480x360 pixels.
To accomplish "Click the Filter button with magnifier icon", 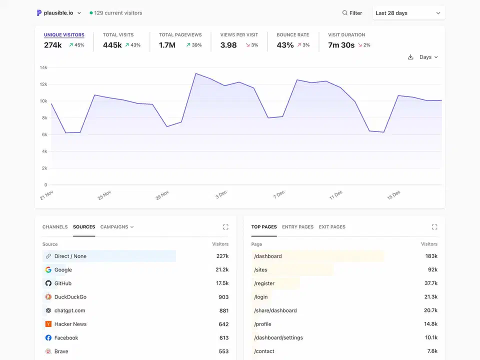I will click(x=352, y=13).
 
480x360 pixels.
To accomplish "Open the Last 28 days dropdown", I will click(x=408, y=13).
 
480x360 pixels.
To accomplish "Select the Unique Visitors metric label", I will click(x=64, y=35).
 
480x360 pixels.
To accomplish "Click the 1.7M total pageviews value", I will click(x=167, y=45).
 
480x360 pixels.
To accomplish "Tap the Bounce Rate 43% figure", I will click(x=285, y=45).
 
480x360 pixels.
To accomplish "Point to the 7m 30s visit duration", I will click(x=341, y=45).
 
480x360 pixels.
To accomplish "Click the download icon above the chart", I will click(x=410, y=57).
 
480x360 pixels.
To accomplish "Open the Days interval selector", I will click(x=428, y=57).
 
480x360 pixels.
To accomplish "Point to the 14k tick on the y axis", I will click(x=43, y=67).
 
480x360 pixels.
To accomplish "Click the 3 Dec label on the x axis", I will click(x=221, y=194).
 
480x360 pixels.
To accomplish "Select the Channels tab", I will click(x=55, y=227).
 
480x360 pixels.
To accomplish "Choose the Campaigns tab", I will click(x=117, y=227).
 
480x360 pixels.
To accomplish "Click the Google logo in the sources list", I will click(x=48, y=270).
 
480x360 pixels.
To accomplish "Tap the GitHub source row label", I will click(x=63, y=283).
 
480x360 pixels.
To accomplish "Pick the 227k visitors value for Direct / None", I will click(x=222, y=256).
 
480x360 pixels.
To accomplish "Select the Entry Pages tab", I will click(x=297, y=227).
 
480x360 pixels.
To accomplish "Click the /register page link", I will click(x=264, y=283).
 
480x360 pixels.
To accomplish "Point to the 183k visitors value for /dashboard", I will click(x=431, y=256).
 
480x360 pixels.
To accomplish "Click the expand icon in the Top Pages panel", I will click(x=434, y=227).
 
